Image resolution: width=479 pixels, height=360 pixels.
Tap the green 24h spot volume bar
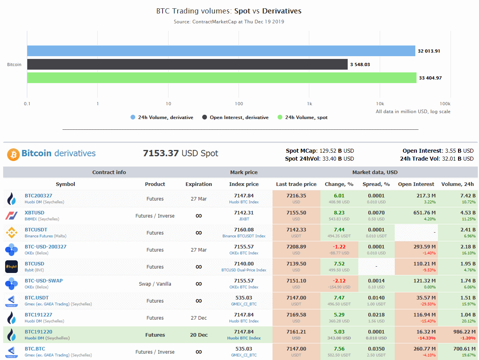point(222,78)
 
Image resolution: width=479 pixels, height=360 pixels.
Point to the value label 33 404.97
point(430,78)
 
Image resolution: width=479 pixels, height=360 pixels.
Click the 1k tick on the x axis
point(309,104)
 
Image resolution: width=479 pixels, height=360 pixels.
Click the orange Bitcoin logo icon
point(13,154)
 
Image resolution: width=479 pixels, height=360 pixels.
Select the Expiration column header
point(199,184)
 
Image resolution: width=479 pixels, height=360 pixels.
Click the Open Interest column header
point(416,184)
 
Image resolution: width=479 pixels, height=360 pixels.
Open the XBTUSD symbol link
point(35,213)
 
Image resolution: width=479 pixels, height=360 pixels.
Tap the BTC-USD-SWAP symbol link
point(44,281)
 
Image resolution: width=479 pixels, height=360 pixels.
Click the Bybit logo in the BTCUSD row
point(11,267)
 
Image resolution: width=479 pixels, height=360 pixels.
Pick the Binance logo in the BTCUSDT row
point(11,233)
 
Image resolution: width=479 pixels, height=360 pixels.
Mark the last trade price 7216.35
point(296,196)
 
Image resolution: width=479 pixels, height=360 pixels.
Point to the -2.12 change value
point(339,281)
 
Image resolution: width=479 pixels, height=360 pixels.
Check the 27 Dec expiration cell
point(199,318)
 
